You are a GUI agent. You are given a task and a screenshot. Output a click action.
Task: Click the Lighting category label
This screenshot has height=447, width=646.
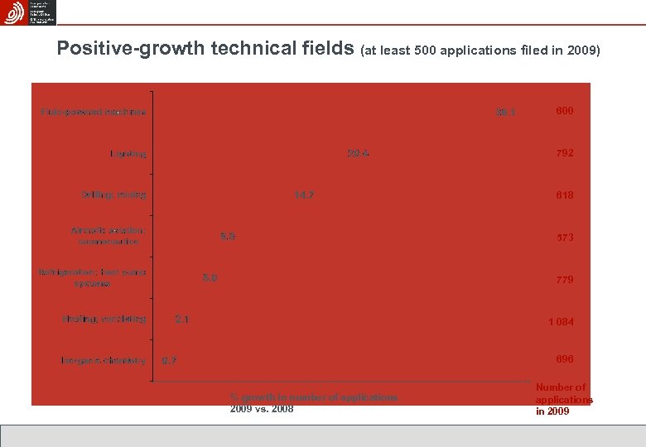128,153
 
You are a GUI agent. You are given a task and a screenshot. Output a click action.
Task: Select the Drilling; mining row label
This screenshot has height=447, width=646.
113,195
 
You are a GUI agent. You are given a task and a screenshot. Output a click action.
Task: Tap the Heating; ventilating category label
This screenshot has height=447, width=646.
104,319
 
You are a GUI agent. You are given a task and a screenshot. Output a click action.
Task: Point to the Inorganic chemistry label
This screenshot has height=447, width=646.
104,360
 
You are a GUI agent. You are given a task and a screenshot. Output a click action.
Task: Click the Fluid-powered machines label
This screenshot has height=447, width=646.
94,112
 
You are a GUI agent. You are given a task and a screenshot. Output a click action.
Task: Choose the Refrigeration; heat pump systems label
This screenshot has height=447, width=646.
92,277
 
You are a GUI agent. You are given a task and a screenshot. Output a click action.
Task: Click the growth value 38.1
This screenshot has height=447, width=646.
505,112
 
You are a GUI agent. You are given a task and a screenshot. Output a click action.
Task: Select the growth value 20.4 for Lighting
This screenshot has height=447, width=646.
359,153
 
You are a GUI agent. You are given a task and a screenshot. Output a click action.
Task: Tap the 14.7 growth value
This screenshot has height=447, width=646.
305,195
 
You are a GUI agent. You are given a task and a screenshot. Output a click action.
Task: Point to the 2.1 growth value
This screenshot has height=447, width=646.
181,319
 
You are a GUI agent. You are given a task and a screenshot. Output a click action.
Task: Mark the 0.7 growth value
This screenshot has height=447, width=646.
169,360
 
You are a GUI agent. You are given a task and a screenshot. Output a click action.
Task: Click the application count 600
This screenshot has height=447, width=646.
565,110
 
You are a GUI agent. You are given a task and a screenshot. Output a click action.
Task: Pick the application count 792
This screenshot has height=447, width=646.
565,153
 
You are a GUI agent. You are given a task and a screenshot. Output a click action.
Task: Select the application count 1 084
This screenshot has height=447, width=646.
561,321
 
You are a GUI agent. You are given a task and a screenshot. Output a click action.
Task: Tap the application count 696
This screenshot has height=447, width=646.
565,359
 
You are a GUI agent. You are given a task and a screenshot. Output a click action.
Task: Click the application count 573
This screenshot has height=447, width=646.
565,238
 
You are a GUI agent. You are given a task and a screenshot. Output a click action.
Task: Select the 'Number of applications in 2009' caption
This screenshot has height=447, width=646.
564,399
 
